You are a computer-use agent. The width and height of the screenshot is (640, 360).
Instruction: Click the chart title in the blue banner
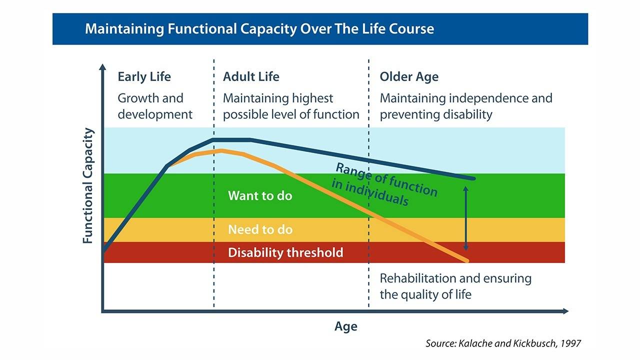(259, 28)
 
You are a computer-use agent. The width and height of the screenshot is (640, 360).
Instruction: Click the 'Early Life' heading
(144, 77)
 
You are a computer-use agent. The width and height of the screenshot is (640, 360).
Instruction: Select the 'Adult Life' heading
(251, 77)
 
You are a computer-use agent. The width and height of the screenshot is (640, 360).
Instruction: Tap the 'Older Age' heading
(408, 77)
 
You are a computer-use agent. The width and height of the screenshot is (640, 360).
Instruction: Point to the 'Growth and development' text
(154, 106)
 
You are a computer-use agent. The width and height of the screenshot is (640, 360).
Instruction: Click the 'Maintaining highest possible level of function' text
(290, 106)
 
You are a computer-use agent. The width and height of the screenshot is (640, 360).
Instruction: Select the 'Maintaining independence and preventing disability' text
(465, 106)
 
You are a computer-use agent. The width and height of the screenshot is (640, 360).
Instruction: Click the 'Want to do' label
(259, 195)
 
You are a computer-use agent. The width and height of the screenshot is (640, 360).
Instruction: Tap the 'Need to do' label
(260, 230)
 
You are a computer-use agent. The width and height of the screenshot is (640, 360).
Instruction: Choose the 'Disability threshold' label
(285, 252)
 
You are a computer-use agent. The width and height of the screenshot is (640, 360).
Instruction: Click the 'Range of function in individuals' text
(384, 184)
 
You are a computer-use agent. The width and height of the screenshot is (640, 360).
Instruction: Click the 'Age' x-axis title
(345, 326)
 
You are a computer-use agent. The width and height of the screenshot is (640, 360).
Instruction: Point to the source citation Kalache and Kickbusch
(503, 343)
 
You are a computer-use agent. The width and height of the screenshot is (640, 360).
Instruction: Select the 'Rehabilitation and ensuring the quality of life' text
(455, 286)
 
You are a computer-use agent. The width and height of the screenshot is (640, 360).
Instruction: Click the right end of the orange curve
(467, 260)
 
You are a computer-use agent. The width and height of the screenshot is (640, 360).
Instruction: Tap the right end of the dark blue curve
(472, 178)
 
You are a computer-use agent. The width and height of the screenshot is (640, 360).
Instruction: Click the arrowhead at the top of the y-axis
(102, 67)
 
